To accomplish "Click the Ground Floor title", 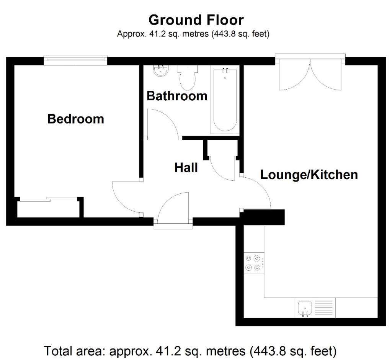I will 196,20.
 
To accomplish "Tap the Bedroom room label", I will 75,119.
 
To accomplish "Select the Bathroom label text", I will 177,96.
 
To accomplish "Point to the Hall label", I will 186,167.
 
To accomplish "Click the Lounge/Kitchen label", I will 309,175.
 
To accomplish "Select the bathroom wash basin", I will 160,70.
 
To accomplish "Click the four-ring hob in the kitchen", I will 254,263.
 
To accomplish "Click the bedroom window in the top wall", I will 75,60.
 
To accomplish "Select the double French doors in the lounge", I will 310,74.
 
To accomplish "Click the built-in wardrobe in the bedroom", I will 48,208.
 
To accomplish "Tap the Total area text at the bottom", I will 190,350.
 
